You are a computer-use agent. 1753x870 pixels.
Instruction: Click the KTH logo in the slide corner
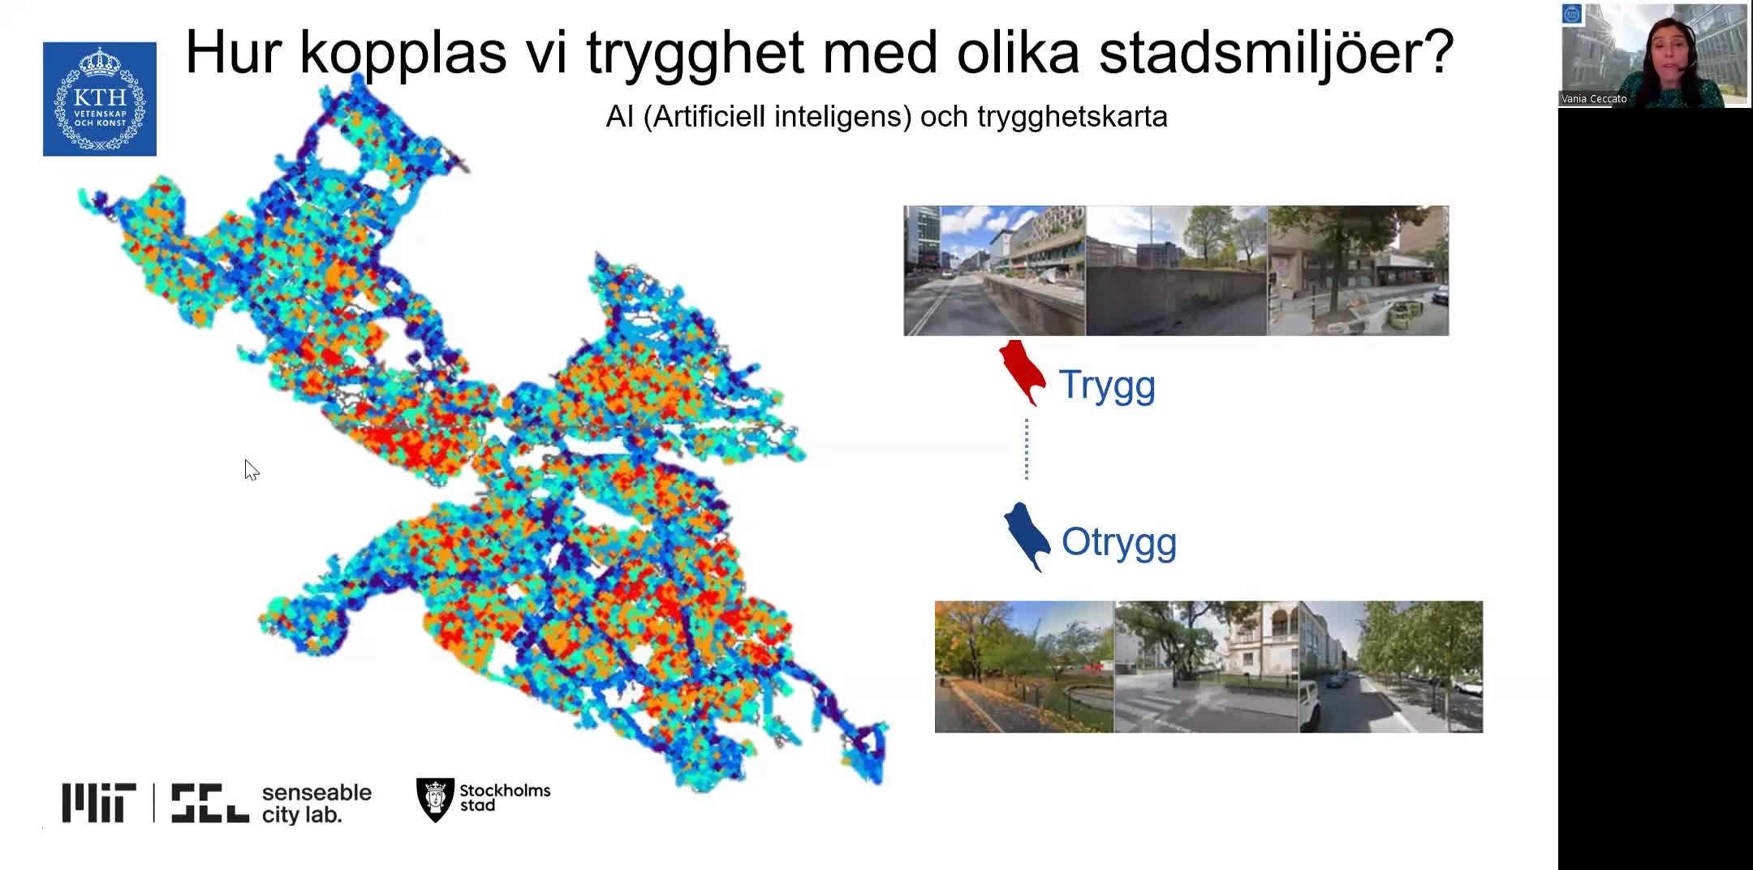(100, 99)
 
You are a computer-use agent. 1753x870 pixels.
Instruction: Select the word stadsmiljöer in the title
(1276, 54)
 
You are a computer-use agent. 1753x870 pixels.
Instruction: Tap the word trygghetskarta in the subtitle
(1072, 117)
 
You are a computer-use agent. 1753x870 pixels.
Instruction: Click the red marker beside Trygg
(1022, 373)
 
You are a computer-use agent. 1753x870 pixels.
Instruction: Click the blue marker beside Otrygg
(1027, 537)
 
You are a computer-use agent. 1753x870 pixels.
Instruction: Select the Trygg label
(1107, 385)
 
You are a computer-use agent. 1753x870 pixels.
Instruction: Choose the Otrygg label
(1119, 542)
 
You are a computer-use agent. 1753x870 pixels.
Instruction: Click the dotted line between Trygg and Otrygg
(1027, 449)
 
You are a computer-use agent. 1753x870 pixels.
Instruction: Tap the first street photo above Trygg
(994, 270)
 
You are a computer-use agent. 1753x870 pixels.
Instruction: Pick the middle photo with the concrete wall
(1176, 270)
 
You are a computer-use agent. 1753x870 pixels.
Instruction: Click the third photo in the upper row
(1358, 270)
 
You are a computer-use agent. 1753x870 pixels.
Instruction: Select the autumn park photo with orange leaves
(1024, 667)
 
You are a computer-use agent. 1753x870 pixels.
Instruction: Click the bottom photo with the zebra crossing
(1207, 667)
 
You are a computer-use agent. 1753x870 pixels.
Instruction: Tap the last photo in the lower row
(1391, 667)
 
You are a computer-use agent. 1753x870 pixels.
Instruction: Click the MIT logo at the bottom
(99, 803)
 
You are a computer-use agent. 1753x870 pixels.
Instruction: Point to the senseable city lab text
(317, 803)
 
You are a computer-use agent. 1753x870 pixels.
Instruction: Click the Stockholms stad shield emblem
(435, 799)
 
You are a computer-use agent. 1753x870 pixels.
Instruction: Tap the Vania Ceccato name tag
(1594, 99)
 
